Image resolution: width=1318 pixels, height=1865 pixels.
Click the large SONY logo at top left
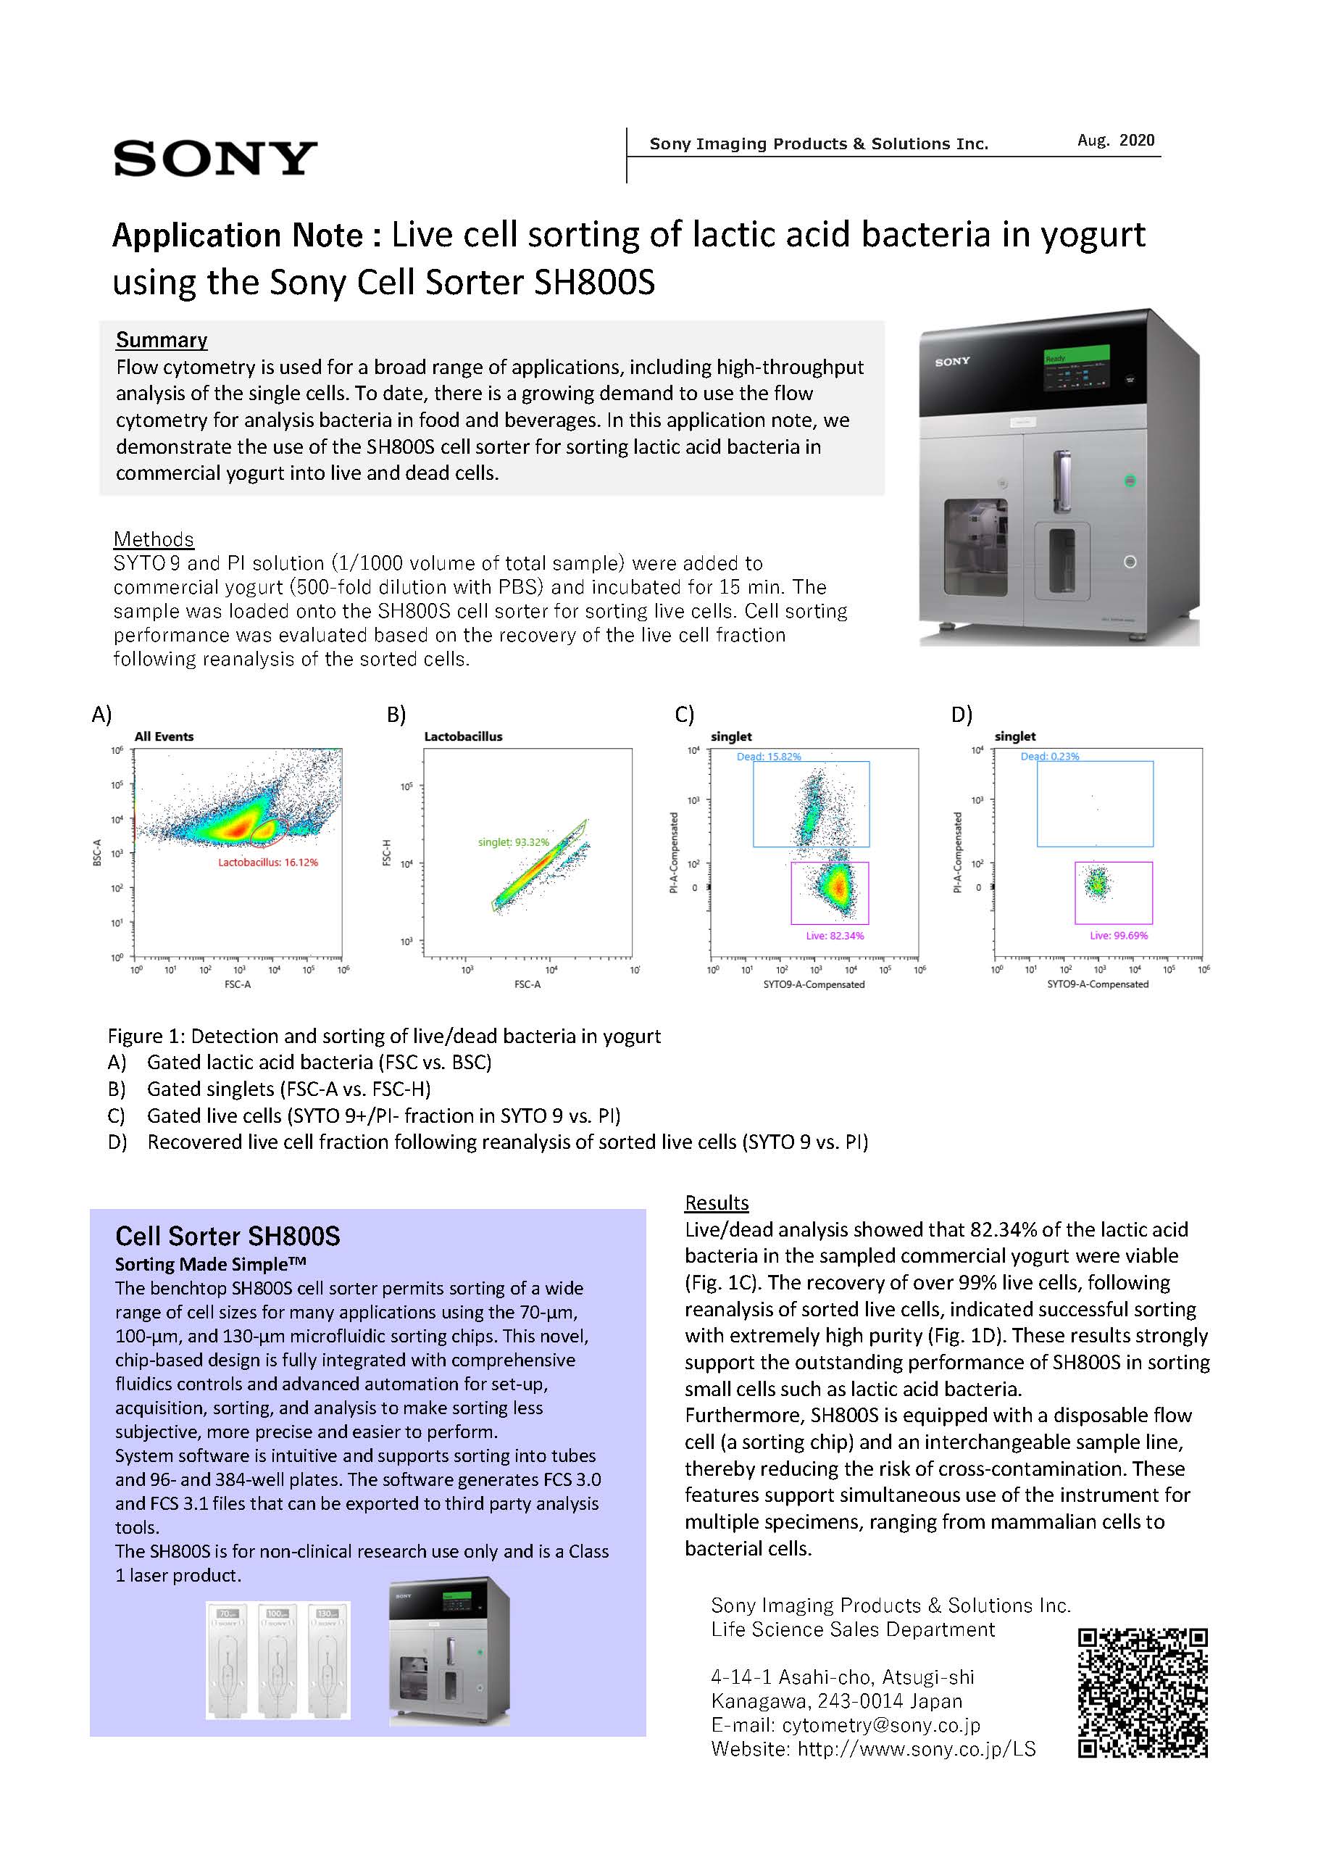tap(215, 159)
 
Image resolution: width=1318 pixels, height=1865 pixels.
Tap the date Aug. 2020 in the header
tap(1115, 141)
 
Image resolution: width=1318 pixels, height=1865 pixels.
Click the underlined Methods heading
tap(154, 539)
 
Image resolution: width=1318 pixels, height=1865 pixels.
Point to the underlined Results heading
tap(717, 1203)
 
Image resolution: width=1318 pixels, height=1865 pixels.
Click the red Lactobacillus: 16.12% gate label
tap(268, 862)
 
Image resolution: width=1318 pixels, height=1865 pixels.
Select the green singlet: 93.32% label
tap(513, 842)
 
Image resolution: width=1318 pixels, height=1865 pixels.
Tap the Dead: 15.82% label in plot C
tap(768, 756)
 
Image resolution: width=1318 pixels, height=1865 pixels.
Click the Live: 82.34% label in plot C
tap(835, 936)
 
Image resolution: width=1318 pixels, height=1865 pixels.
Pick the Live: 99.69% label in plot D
tap(1118, 936)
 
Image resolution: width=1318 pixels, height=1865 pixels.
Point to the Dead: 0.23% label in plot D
tap(1049, 756)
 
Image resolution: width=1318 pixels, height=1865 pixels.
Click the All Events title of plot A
tap(164, 736)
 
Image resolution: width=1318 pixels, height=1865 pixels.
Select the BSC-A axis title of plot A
tap(97, 852)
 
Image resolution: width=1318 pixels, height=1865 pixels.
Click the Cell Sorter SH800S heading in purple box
tap(228, 1237)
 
